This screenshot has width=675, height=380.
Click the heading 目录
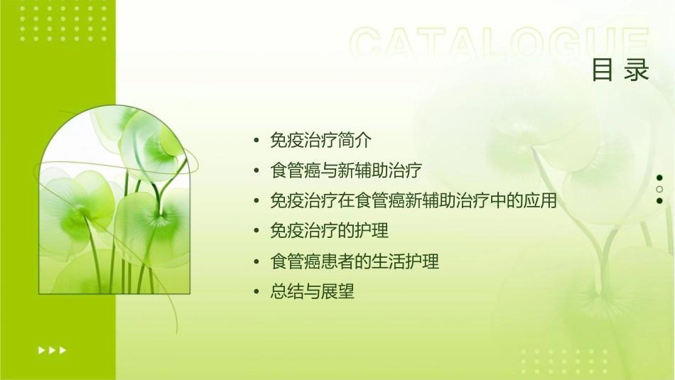coord(620,70)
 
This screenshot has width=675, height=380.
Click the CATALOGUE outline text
coord(499,44)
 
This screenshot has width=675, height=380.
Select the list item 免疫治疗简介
coord(320,140)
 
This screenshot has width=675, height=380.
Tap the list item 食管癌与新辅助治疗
coord(346,170)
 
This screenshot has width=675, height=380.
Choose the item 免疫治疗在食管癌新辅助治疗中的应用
coord(413,201)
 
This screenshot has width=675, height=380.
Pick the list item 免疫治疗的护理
coord(329,231)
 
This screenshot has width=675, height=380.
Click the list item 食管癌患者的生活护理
coord(355,261)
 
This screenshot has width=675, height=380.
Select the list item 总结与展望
coord(312,292)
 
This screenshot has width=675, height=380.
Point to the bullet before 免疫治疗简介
coord(256,141)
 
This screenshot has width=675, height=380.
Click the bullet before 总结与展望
coord(256,293)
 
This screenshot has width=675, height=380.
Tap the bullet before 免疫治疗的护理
coord(256,232)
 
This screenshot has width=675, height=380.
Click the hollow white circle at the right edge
coord(659,189)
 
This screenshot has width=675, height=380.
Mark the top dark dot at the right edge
coord(659,178)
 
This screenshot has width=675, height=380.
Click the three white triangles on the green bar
coord(52,349)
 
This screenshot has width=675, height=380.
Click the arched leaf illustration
coord(114,202)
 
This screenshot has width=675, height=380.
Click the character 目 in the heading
coord(603,70)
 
